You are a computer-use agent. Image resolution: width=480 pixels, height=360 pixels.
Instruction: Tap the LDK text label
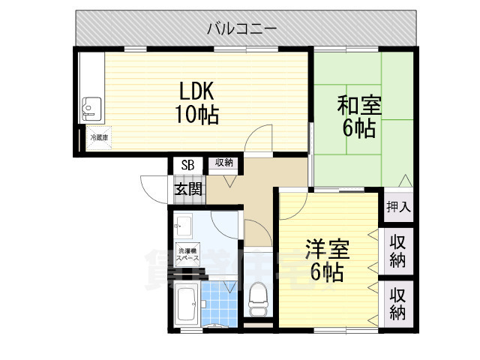pyautogui.click(x=197, y=91)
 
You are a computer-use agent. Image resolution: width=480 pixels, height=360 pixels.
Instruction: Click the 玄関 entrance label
pyautogui.click(x=188, y=189)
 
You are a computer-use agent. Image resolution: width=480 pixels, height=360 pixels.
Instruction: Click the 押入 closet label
pyautogui.click(x=398, y=206)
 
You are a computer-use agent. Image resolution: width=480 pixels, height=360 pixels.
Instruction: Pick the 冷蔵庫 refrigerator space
pyautogui.click(x=99, y=138)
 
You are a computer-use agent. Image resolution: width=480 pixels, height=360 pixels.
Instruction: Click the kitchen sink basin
pyautogui.click(x=91, y=109)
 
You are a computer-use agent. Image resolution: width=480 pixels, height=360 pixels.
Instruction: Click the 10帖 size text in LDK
pyautogui.click(x=197, y=115)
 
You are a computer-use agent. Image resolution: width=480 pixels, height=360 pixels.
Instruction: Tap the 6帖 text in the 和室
pyautogui.click(x=359, y=128)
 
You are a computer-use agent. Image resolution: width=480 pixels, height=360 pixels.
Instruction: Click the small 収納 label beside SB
pyautogui.click(x=224, y=163)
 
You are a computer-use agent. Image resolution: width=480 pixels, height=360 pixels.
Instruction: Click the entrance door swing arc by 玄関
pyautogui.click(x=151, y=187)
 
